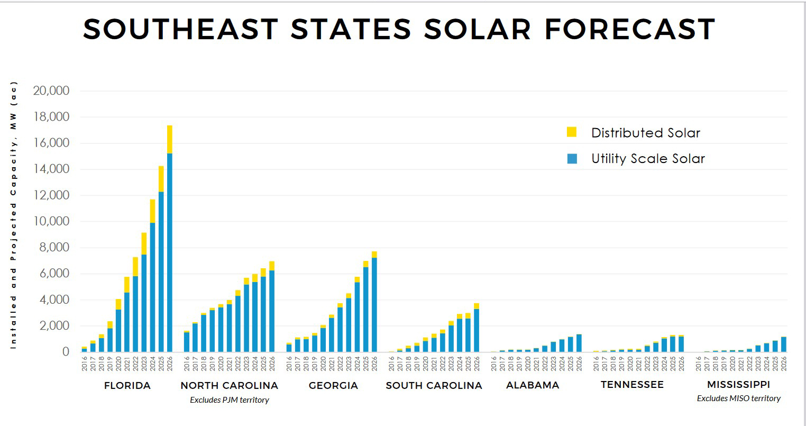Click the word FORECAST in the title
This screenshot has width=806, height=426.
click(x=629, y=29)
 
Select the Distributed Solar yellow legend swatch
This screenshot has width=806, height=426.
click(x=572, y=132)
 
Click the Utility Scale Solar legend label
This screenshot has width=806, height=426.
click(x=648, y=159)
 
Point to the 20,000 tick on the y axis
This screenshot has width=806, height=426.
click(x=51, y=91)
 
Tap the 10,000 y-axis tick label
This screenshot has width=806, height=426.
click(x=51, y=221)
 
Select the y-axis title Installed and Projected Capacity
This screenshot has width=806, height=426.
click(x=14, y=214)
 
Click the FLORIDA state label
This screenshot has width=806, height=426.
click(x=127, y=386)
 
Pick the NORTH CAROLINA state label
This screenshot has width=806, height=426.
click(x=229, y=386)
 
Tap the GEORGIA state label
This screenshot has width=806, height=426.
click(x=333, y=386)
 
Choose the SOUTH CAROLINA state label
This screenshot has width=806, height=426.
click(x=434, y=386)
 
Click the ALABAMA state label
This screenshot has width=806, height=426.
click(x=532, y=385)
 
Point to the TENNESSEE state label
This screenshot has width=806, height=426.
click(x=632, y=385)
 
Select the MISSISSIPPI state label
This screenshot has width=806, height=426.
click(x=738, y=385)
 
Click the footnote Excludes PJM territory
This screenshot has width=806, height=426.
click(x=229, y=400)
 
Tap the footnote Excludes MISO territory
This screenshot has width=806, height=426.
click(x=738, y=398)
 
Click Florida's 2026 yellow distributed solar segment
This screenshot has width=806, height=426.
click(x=170, y=139)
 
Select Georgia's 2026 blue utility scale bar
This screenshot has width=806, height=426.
click(x=374, y=304)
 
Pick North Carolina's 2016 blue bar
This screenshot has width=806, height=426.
click(x=187, y=342)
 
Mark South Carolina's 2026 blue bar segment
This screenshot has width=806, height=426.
click(x=477, y=330)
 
